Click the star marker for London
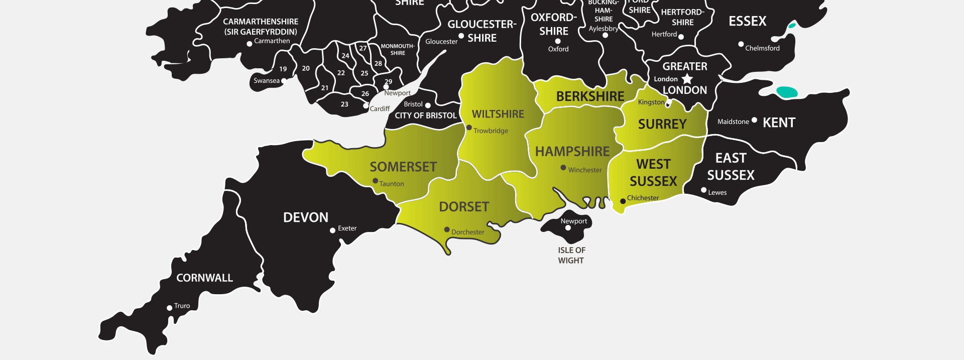687,79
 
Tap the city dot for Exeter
332,230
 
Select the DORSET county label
464,207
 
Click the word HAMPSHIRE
572,152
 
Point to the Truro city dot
170,308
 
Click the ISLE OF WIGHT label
571,255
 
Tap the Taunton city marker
375,181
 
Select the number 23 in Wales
344,104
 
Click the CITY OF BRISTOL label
426,115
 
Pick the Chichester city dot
623,201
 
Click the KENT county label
779,123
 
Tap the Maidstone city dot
754,120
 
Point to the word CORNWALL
204,278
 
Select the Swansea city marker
284,81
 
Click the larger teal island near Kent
786,92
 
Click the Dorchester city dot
447,229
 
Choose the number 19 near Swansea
283,69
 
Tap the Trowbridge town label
491,131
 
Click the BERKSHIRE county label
590,96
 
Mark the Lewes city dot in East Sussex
704,190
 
